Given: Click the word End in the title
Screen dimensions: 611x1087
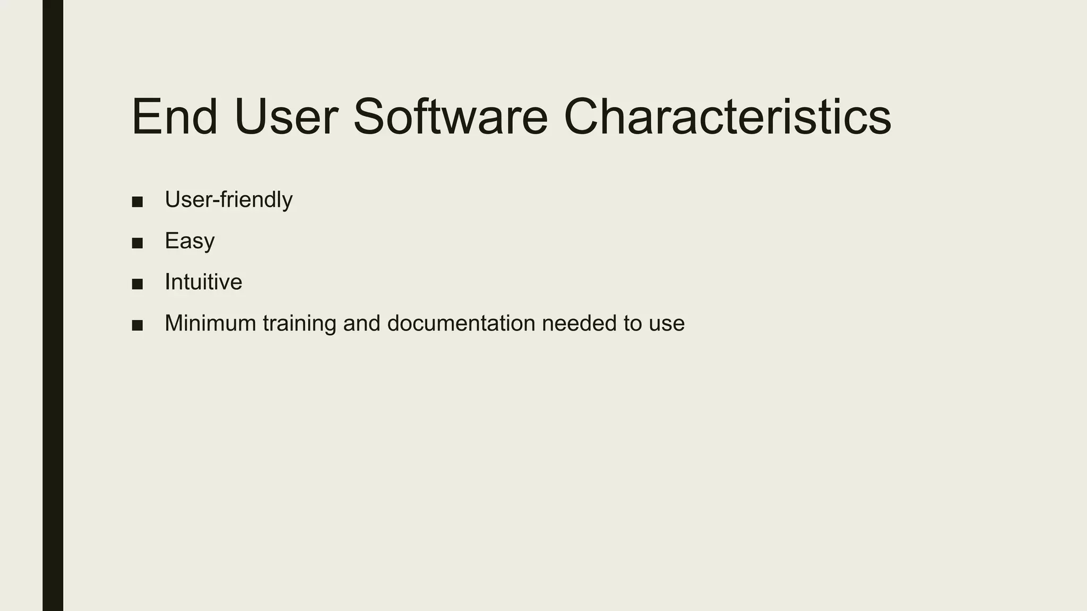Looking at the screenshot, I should point(175,117).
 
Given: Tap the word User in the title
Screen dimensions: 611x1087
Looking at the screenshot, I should point(286,117).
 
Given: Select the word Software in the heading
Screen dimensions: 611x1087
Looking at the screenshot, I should point(450,117).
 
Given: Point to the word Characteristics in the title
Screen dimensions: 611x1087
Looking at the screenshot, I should point(727,117).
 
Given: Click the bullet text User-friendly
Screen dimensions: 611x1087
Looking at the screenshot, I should point(228,200).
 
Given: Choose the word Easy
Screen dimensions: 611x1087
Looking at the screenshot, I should point(189,241).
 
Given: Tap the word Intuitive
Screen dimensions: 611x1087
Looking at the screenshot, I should point(203,282).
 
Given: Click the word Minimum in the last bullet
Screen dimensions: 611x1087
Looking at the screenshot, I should point(210,324).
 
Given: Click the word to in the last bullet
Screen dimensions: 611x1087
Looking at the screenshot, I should point(632,324).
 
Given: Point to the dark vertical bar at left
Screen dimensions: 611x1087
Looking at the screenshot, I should point(53,305).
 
